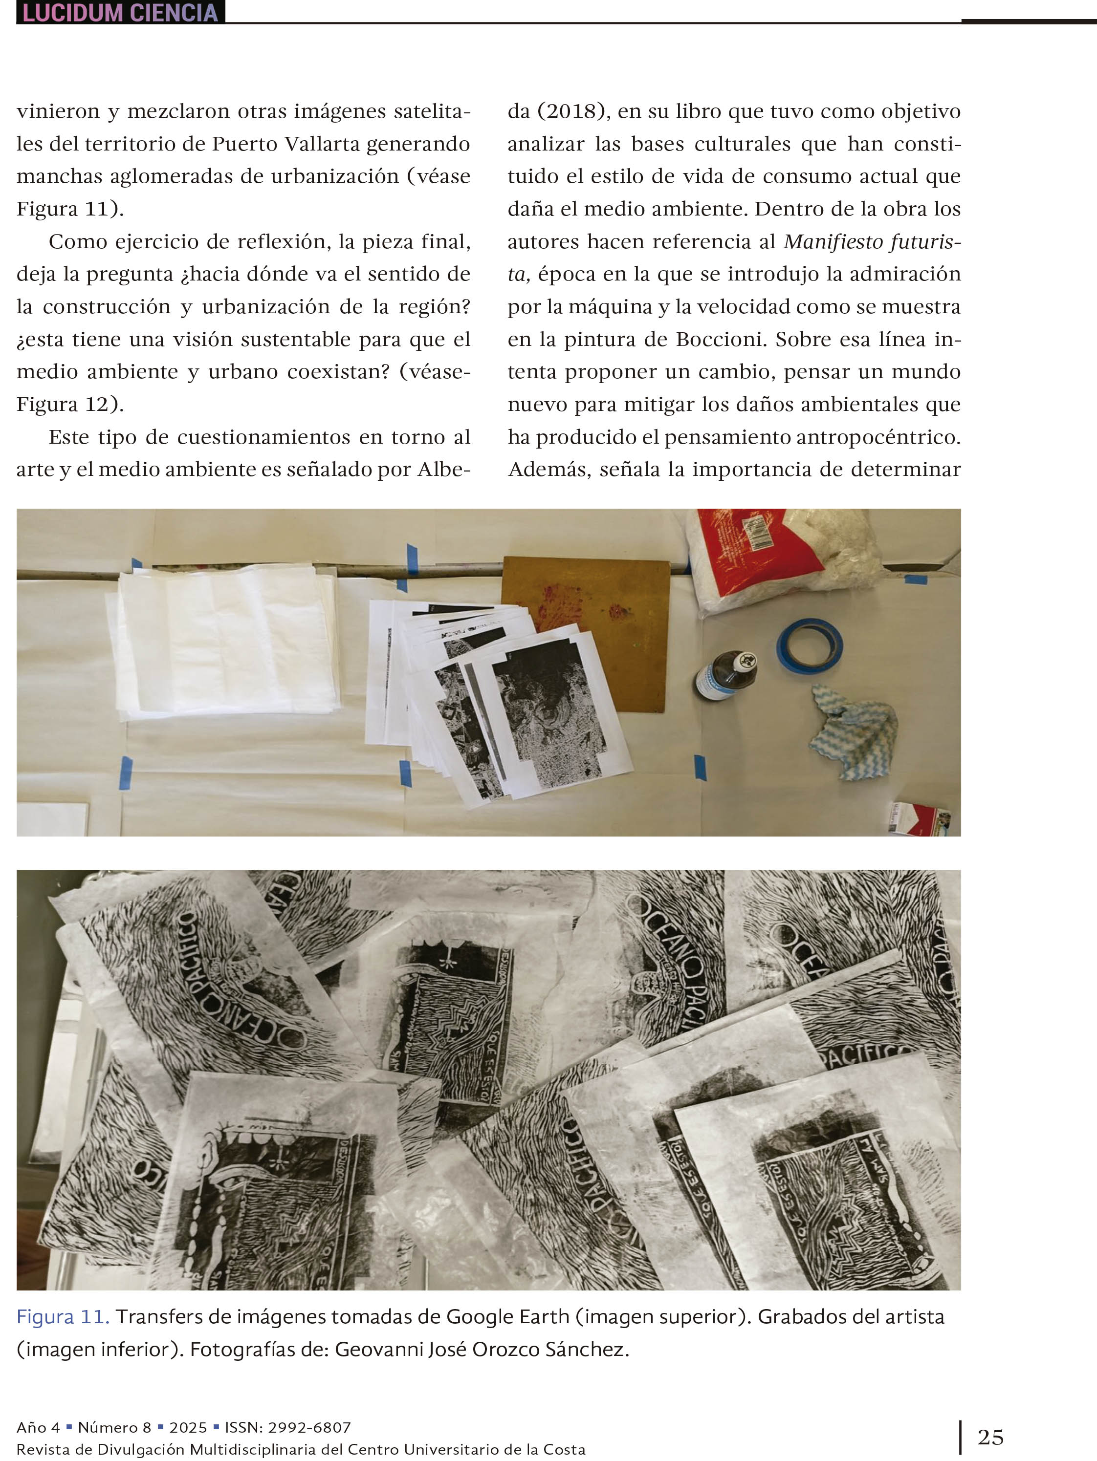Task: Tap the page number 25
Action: [x=990, y=1437]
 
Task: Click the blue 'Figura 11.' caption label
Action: [x=63, y=1316]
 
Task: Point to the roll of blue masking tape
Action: [x=809, y=645]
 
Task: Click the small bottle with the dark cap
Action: [x=725, y=675]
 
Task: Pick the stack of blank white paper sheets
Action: [x=225, y=641]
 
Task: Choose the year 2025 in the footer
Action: [x=188, y=1427]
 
